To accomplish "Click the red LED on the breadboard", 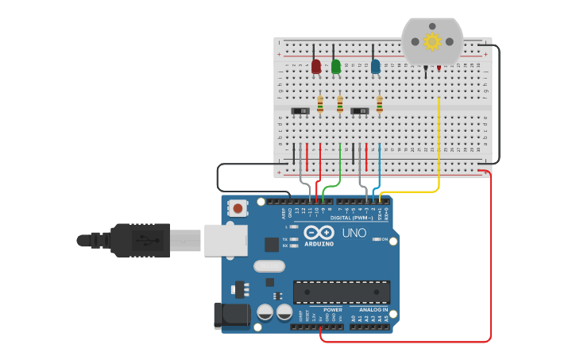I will tap(316, 67).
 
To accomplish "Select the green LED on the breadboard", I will tap(336, 67).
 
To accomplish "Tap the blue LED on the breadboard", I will tap(375, 67).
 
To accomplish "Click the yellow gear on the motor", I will tap(432, 41).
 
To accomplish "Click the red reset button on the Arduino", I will tap(238, 209).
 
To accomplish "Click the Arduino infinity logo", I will tap(319, 233).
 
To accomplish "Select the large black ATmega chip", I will tap(342, 292).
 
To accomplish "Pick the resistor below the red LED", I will tap(320, 104).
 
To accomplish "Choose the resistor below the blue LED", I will tap(380, 104).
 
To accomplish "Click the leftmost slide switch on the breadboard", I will tap(300, 110).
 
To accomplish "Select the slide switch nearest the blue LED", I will tap(360, 110).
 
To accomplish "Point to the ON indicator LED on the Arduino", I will tap(376, 239).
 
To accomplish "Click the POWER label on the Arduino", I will tap(333, 309).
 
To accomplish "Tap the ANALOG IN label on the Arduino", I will tap(374, 309).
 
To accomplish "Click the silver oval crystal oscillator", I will tap(269, 266).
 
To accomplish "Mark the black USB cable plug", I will tap(139, 240).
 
